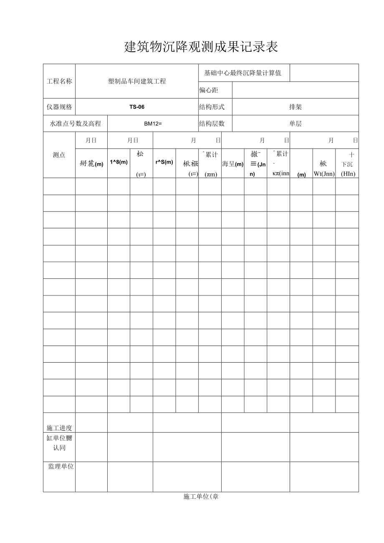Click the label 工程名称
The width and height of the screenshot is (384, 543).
pos(59,81)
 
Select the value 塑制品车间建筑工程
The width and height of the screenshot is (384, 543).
pos(137,81)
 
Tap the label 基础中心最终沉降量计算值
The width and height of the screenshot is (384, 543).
pos(243,73)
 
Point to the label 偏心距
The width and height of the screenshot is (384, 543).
pos(209,90)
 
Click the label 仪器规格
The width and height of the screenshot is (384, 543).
pos(59,107)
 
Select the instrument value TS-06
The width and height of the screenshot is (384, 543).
pos(137,107)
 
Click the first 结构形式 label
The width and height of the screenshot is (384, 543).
pos(212,107)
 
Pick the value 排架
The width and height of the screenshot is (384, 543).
pos(295,107)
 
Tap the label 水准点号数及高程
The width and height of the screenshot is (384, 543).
pos(76,124)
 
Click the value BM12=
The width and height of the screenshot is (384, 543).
pos(153,124)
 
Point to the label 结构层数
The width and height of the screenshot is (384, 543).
pos(212,124)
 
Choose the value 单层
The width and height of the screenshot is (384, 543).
pos(295,124)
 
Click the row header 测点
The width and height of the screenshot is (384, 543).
pos(59,155)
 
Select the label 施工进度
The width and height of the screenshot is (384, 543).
pos(59,428)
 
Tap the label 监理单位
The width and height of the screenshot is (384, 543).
pos(61,467)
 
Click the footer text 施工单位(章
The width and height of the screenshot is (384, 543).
pos(201,497)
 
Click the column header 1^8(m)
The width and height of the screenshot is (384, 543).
pos(119,162)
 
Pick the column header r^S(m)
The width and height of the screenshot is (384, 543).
pos(164,162)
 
